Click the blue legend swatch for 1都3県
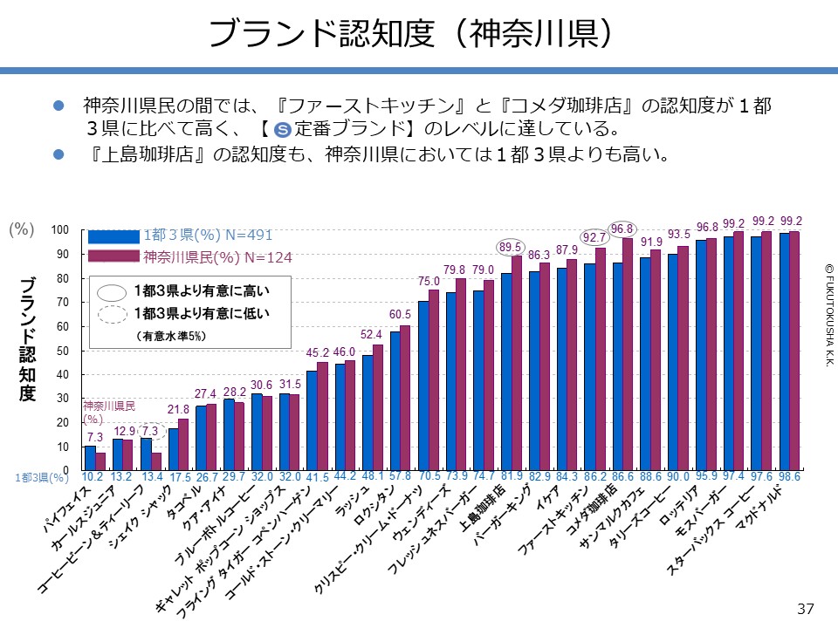[x=113, y=235]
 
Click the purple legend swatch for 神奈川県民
[x=113, y=256]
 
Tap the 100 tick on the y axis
[x=59, y=230]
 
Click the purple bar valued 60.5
[x=404, y=398]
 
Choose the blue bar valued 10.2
[x=90, y=459]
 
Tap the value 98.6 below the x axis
[x=790, y=477]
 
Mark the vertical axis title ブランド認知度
[x=27, y=340]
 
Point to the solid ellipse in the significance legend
[x=113, y=291]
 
